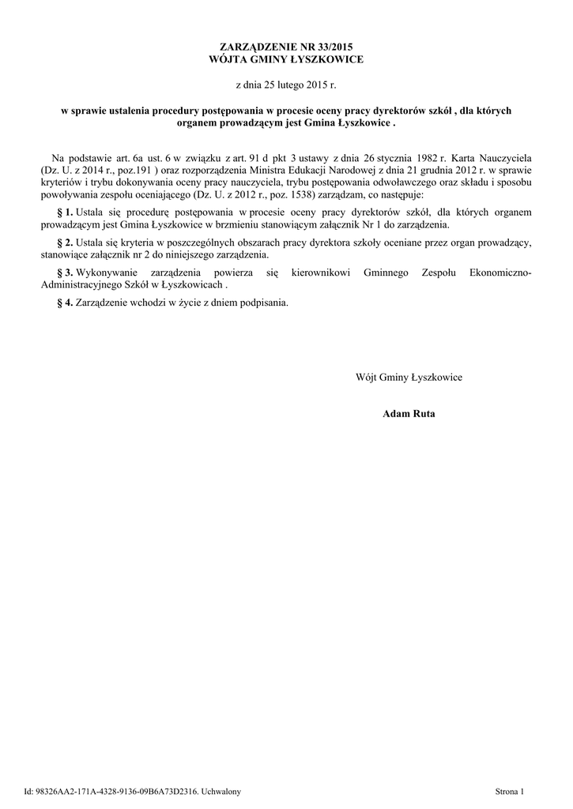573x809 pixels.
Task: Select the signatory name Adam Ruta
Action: (x=409, y=413)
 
